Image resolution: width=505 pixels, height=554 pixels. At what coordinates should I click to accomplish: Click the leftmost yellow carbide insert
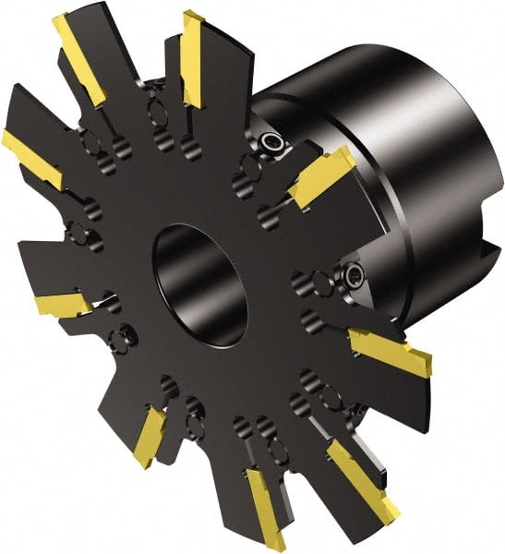point(30,157)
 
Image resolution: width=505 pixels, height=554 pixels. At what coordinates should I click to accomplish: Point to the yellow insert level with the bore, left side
point(65,304)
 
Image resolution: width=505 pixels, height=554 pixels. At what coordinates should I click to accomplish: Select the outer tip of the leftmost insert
point(7,140)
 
